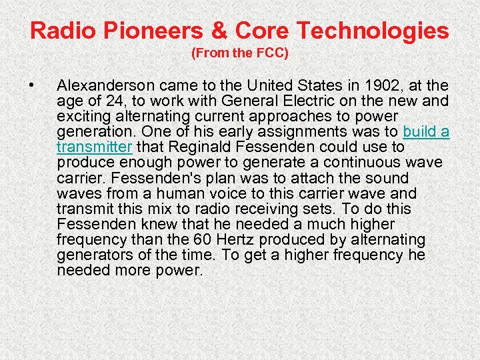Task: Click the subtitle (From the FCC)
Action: point(240,54)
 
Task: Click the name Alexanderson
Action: point(106,86)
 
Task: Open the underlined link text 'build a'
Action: point(426,131)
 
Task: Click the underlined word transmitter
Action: point(95,147)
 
